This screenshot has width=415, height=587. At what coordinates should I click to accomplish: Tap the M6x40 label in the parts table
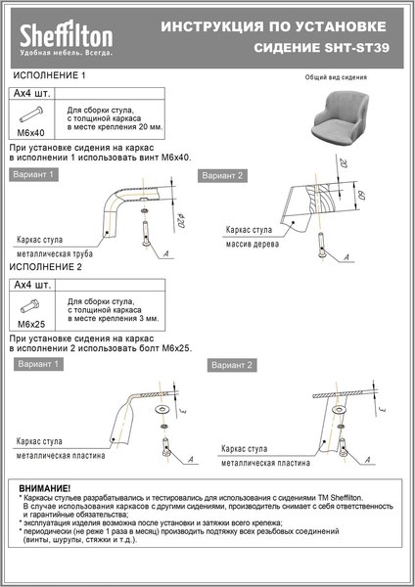point(32,131)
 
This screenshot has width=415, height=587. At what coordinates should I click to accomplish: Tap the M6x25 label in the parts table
point(32,322)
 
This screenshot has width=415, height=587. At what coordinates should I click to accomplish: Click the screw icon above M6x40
point(32,113)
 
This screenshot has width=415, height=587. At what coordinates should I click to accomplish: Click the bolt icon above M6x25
point(32,304)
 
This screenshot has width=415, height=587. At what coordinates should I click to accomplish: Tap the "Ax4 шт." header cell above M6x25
point(32,285)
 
